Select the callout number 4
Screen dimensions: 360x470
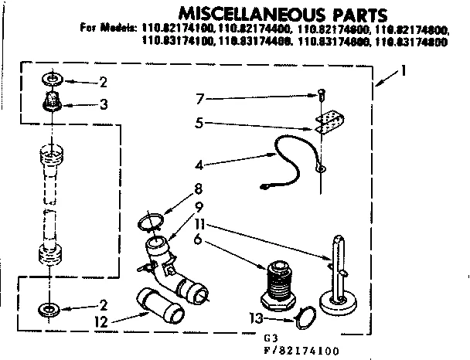coord(199,164)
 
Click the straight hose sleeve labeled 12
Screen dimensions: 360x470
coord(158,305)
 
